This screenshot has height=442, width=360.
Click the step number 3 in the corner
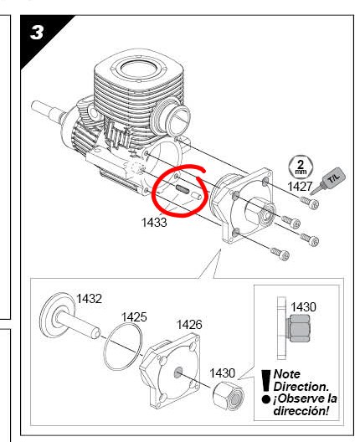click(x=37, y=33)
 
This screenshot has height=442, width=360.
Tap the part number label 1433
click(x=154, y=223)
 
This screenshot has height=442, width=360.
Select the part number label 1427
click(x=300, y=187)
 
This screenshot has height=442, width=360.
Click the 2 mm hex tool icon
click(x=301, y=167)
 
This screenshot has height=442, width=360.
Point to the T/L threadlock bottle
click(x=329, y=181)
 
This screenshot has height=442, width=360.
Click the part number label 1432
click(x=89, y=299)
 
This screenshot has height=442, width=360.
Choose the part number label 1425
click(x=134, y=317)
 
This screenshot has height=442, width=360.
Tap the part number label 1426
click(x=189, y=325)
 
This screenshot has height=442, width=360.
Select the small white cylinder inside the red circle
click(x=197, y=196)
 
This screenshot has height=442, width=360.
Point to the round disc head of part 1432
click(x=56, y=315)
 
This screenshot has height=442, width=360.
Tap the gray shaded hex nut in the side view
click(x=300, y=328)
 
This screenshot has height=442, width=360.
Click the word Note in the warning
click(x=286, y=374)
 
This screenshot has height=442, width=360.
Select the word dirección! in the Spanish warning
click(x=301, y=411)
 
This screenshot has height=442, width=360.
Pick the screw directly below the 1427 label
click(x=310, y=203)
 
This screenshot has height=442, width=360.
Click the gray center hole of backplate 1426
click(x=177, y=373)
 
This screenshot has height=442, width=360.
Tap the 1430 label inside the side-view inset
click(x=303, y=307)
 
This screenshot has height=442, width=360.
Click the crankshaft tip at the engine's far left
click(x=34, y=105)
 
